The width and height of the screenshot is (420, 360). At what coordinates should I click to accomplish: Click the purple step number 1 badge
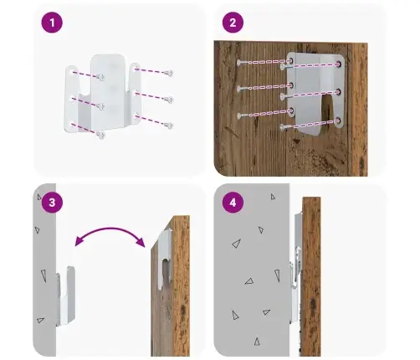coord(52,23)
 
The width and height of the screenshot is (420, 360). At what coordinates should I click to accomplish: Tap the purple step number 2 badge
coord(233,23)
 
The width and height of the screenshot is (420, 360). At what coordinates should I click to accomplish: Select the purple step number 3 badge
coord(52,203)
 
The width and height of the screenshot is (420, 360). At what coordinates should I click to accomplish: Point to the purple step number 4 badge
coord(233,203)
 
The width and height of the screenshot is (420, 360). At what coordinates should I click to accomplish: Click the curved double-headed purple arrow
coord(110,229)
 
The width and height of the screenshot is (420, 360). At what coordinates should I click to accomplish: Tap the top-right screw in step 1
coord(169,73)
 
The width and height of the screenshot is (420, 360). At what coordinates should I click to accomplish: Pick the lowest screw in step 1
coord(100,136)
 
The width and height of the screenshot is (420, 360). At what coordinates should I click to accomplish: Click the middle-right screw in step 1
coord(169,100)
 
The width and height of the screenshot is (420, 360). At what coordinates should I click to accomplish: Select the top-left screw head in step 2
coord(240,63)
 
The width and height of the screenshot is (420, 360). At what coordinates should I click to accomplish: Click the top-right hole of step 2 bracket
coord(339,64)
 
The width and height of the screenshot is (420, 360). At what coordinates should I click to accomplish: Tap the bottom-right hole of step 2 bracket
coord(338,121)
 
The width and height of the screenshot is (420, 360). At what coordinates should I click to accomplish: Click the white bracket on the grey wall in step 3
coord(66,296)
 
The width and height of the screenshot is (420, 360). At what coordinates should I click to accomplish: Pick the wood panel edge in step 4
coord(311,276)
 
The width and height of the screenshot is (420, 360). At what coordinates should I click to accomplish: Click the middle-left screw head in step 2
coord(240,89)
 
